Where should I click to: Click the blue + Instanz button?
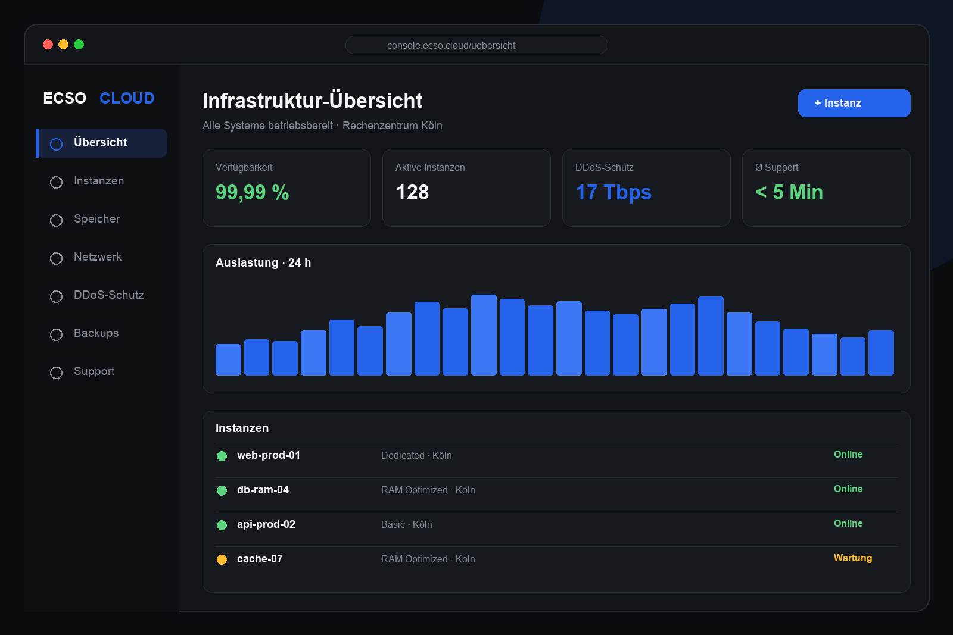pyautogui.click(x=854, y=103)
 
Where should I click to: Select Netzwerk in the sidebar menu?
pyautogui.click(x=98, y=257)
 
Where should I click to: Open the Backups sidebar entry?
pyautogui.click(x=96, y=333)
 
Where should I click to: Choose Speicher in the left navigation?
pyautogui.click(x=96, y=219)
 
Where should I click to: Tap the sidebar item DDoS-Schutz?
pyautogui.click(x=108, y=295)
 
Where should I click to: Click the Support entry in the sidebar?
pyautogui.click(x=94, y=371)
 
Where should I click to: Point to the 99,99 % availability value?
pyautogui.click(x=253, y=192)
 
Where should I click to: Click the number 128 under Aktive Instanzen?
pyautogui.click(x=412, y=192)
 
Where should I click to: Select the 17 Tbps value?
pyautogui.click(x=613, y=192)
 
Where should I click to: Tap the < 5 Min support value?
pyautogui.click(x=789, y=192)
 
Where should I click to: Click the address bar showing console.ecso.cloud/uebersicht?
pyautogui.click(x=476, y=45)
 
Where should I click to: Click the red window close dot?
pyautogui.click(x=48, y=44)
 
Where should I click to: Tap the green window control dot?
pyautogui.click(x=79, y=44)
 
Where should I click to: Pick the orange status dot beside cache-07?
pyautogui.click(x=222, y=559)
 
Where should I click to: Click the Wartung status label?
pyautogui.click(x=853, y=558)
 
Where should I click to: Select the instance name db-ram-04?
pyautogui.click(x=263, y=490)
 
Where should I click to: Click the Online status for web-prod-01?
pyautogui.click(x=848, y=454)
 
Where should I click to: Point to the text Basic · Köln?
pyautogui.click(x=407, y=524)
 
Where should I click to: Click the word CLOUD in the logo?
pyautogui.click(x=127, y=98)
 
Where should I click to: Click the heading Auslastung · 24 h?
pyautogui.click(x=263, y=262)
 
